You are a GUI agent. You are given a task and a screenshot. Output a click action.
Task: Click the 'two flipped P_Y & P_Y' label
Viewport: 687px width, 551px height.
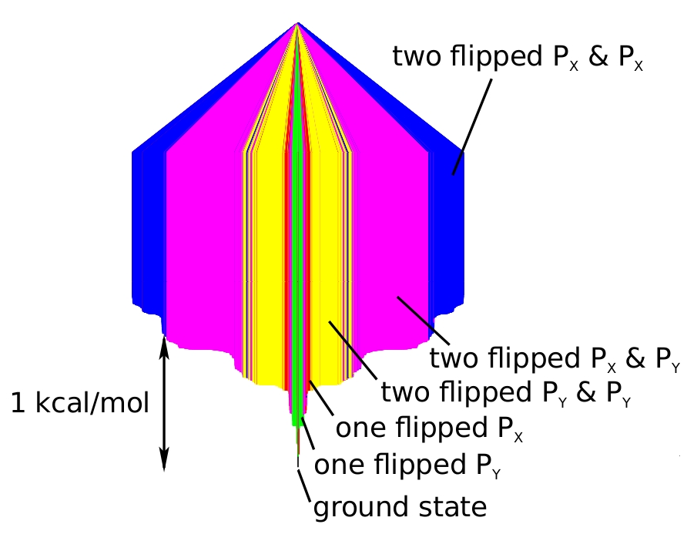(506, 393)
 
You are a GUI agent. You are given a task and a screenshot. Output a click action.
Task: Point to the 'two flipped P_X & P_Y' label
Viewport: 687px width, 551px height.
(554, 360)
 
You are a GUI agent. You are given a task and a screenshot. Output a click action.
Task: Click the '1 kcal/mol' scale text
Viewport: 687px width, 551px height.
(80, 402)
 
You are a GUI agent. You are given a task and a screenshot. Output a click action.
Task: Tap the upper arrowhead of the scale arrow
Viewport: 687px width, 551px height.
(163, 344)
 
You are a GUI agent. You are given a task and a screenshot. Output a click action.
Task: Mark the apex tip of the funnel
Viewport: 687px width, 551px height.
(297, 24)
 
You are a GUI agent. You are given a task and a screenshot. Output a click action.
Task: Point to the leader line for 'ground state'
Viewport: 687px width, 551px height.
(304, 482)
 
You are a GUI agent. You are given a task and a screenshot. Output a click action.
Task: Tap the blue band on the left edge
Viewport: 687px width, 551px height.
(148, 231)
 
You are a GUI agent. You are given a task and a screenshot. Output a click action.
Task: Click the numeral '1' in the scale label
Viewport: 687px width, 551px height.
(18, 402)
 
